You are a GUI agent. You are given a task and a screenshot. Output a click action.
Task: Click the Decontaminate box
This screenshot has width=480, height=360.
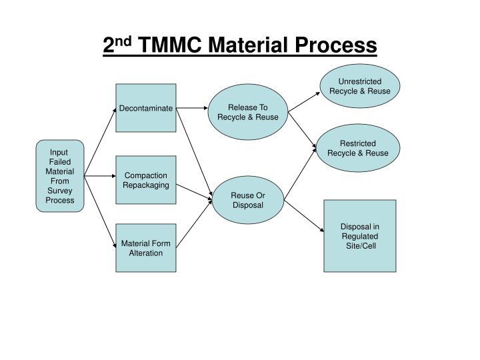[x=146, y=108]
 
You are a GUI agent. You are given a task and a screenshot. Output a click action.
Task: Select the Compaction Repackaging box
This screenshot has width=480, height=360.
[x=146, y=180]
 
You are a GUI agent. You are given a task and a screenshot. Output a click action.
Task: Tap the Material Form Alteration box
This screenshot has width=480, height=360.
[x=146, y=247]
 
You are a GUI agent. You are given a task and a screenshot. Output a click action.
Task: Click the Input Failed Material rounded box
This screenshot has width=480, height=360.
[x=60, y=176]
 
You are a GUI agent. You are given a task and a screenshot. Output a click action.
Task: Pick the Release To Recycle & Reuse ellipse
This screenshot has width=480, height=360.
[x=247, y=112]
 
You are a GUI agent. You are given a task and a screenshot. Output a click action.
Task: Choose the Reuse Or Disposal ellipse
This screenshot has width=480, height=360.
[x=247, y=199]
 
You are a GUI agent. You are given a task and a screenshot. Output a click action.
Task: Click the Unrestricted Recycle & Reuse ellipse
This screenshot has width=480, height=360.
[x=359, y=86]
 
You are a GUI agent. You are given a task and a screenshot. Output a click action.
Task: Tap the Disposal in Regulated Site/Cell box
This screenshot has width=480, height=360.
[x=359, y=236]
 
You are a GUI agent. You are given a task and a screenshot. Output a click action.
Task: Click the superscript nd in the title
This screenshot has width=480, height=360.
[x=122, y=41]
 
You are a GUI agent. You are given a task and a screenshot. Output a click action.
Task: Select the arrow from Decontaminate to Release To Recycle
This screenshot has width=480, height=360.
[x=193, y=107]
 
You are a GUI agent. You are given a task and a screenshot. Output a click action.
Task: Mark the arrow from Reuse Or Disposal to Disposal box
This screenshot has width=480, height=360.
[x=303, y=215]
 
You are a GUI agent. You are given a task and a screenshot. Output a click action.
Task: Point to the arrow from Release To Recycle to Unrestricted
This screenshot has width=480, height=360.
[x=303, y=99]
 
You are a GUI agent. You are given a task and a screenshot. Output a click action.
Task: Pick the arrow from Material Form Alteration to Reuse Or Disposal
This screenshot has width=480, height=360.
[x=195, y=225]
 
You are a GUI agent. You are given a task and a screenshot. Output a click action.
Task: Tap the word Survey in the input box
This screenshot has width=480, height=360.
[x=60, y=191]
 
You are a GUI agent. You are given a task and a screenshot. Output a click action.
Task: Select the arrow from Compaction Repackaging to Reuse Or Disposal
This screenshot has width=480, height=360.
[x=194, y=190]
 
